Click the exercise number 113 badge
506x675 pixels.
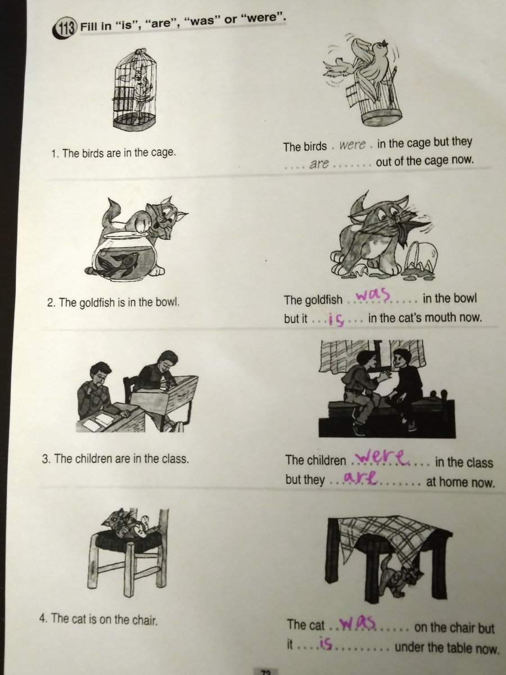tap(64, 30)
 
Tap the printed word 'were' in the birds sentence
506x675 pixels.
tap(353, 145)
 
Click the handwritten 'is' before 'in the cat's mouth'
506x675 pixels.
tap(336, 319)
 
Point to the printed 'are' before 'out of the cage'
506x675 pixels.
tap(319, 164)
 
